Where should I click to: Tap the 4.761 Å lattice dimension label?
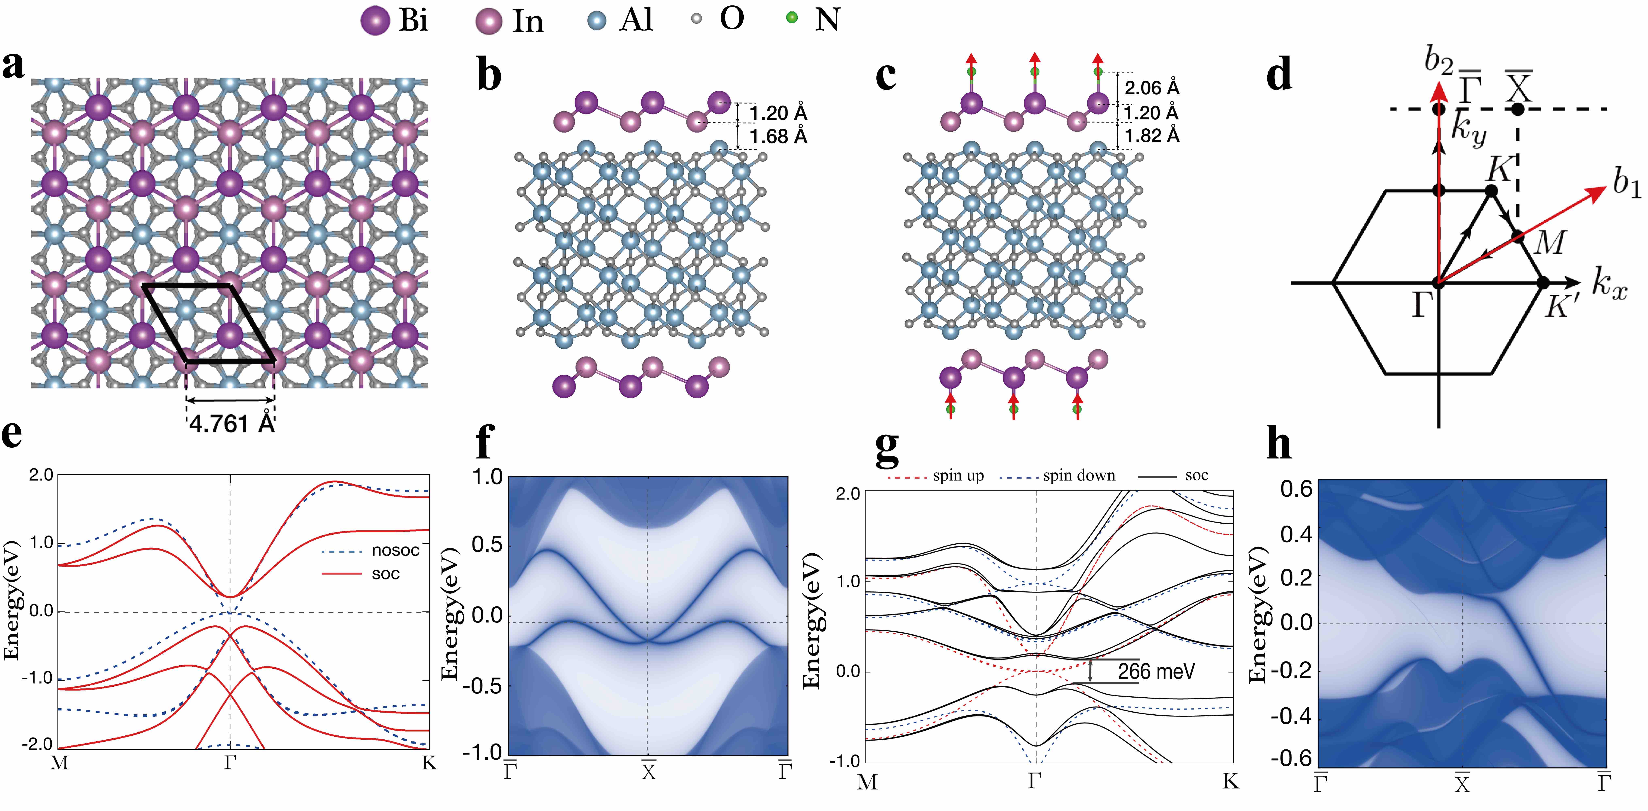pyautogui.click(x=232, y=424)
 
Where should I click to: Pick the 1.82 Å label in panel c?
pyautogui.click(x=1152, y=136)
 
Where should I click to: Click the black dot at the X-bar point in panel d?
pyautogui.click(x=1517, y=109)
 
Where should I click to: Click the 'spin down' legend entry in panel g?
pyautogui.click(x=1079, y=476)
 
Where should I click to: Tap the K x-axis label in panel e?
pyautogui.click(x=429, y=763)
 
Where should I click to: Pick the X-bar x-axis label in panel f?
pyautogui.click(x=649, y=771)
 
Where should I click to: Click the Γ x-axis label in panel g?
pyautogui.click(x=1035, y=781)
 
